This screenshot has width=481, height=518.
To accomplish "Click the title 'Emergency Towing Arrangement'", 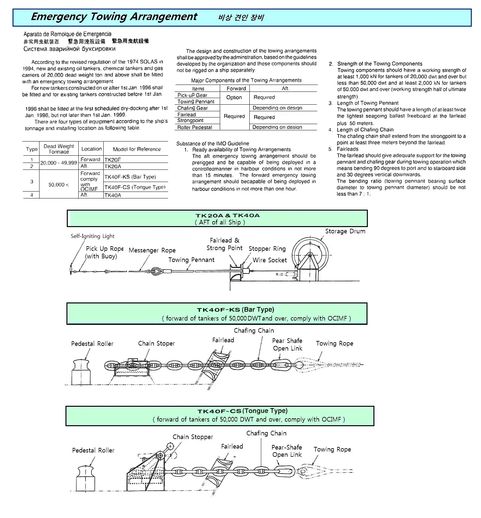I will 114,16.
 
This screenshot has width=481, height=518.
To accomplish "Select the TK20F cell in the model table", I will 113,160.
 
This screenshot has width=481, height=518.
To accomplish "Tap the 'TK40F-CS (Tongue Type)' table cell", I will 135,187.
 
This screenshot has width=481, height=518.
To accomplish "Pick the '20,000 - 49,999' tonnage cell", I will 59,163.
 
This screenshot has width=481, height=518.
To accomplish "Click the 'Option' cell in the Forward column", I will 234,97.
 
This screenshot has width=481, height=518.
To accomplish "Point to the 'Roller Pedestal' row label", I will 194,127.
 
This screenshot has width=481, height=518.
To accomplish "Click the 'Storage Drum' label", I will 345,231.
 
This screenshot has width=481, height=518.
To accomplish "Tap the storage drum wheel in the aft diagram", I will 310,255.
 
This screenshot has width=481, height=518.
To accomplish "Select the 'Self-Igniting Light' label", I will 92,236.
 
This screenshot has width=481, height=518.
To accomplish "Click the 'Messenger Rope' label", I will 152,250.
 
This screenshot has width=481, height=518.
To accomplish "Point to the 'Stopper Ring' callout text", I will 267,249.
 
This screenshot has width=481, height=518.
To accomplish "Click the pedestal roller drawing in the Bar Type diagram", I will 81,372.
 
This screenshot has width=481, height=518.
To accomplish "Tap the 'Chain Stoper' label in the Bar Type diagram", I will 156,344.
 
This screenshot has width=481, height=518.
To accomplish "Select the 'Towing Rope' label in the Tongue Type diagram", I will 332,450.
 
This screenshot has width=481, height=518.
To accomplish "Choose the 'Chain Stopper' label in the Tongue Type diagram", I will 193,437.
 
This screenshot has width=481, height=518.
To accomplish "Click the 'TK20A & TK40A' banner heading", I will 227,216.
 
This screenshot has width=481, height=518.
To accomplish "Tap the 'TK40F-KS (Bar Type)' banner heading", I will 235,310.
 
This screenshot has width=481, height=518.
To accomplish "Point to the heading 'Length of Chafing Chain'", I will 365,130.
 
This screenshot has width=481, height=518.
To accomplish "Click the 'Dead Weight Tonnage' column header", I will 59,149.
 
